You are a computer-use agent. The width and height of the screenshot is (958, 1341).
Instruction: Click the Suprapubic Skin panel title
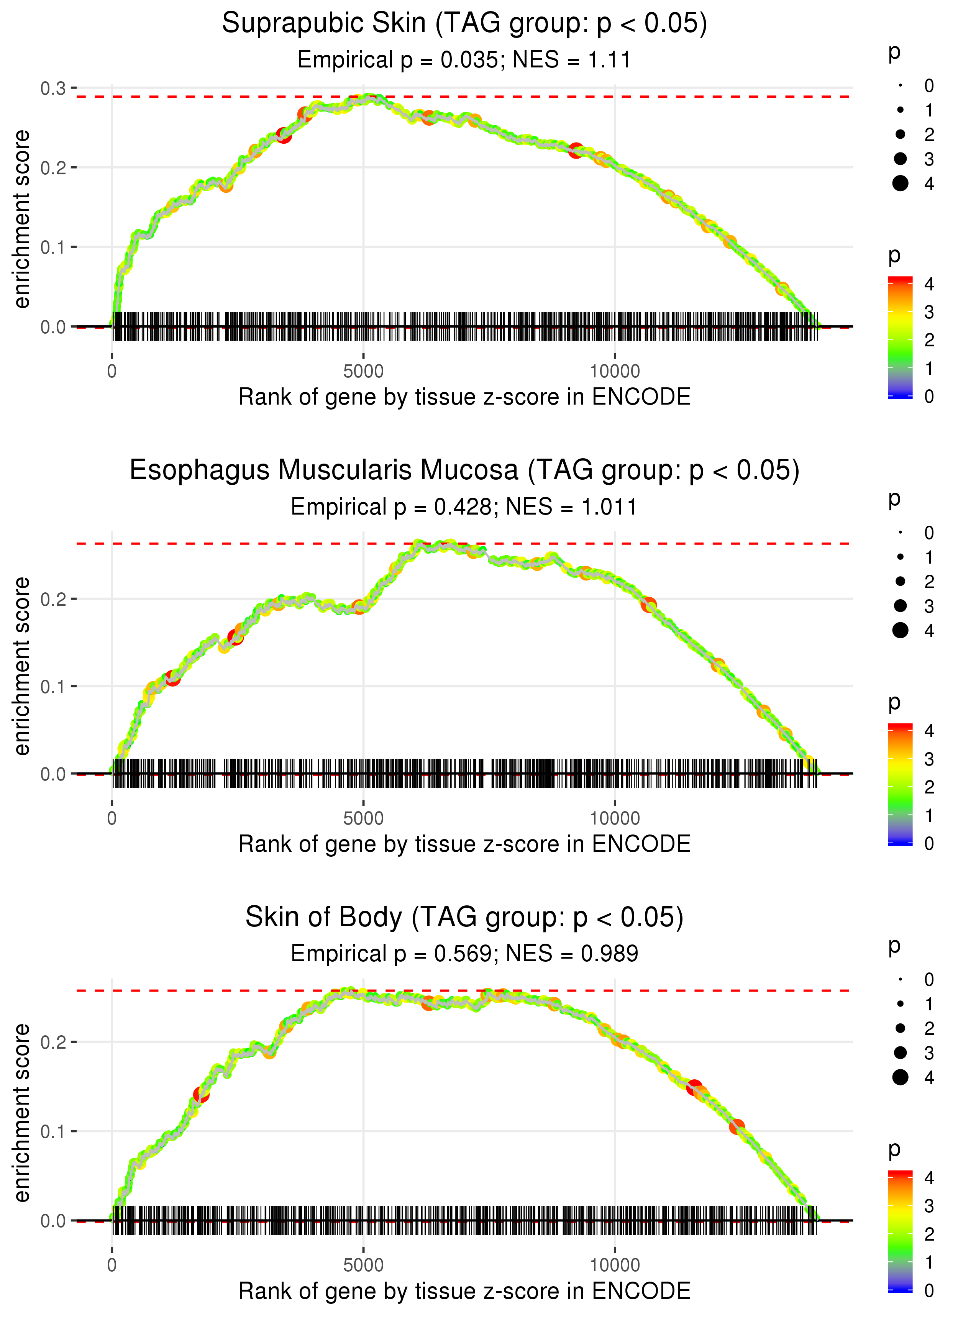coord(464,24)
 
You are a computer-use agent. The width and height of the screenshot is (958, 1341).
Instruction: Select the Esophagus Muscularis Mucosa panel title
coord(464,470)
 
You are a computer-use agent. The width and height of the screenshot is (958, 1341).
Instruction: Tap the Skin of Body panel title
coord(464,918)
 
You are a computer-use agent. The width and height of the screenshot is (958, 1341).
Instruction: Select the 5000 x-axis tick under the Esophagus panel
coord(363,818)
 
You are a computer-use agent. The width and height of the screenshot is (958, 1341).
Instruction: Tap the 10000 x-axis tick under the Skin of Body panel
coord(615,1266)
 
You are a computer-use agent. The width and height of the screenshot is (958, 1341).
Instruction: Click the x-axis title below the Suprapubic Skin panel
coord(464,397)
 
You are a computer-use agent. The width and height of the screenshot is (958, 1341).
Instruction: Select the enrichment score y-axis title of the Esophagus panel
coord(22,666)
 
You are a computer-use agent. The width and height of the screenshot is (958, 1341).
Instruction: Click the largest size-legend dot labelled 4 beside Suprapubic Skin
coord(900,184)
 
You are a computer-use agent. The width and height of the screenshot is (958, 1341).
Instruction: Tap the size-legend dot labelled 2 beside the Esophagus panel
coord(900,582)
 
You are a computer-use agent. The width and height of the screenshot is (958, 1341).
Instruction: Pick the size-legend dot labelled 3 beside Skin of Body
coord(900,1052)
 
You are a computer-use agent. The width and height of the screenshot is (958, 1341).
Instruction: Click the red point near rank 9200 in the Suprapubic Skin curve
coord(576,150)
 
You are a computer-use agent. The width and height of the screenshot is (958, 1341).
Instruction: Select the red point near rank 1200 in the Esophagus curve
coord(172,677)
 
